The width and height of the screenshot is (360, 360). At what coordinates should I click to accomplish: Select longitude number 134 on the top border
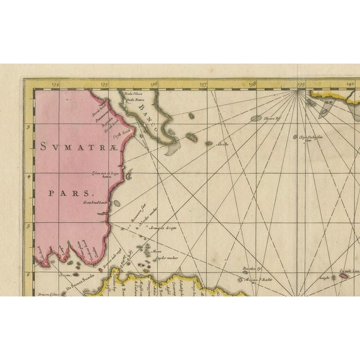point(55,85)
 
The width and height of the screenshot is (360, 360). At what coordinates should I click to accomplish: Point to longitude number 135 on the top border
point(105,85)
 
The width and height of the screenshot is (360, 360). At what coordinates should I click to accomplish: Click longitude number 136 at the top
point(154,85)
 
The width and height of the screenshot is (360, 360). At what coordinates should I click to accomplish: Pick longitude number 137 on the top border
point(203,85)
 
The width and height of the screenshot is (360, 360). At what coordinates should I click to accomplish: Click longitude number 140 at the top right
point(350,85)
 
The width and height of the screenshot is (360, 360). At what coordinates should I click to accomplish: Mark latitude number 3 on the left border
point(28,127)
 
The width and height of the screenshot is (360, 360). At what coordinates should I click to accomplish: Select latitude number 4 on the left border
point(28,175)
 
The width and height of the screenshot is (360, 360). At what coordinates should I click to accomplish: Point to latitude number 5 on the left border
point(28,225)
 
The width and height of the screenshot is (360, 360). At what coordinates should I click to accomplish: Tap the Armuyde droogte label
point(163,228)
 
